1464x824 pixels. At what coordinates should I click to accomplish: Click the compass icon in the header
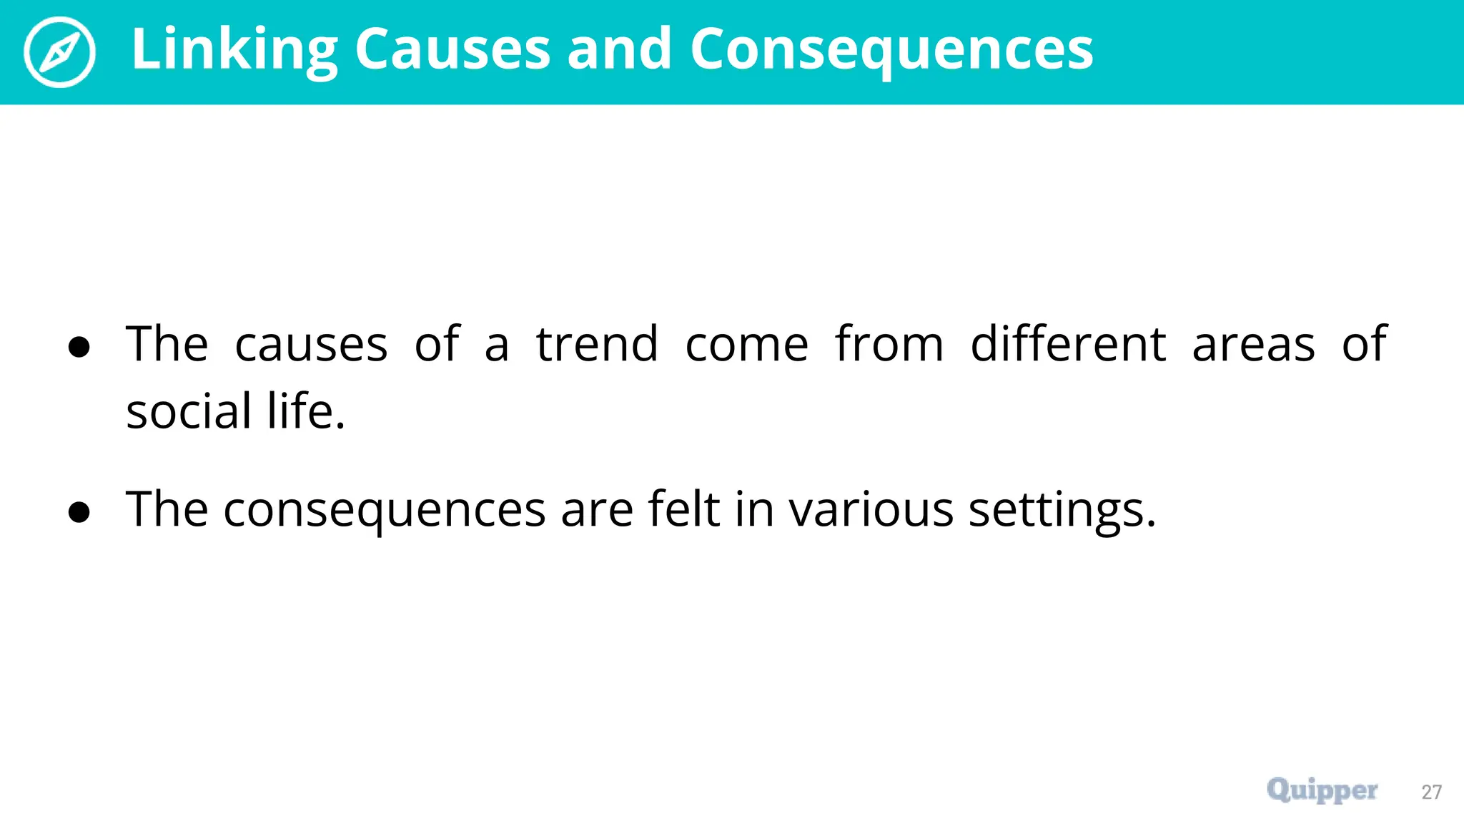[x=59, y=52]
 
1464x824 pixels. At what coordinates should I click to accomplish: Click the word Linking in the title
[x=234, y=50]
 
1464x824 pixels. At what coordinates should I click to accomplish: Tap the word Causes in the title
[x=452, y=50]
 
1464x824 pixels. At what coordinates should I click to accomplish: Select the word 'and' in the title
[x=619, y=50]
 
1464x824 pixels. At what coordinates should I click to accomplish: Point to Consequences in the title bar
[x=891, y=50]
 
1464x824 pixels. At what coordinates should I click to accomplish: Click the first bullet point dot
[x=79, y=348]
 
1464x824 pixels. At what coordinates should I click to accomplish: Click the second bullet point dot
[x=79, y=512]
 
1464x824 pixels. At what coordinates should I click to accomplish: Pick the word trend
[x=597, y=345]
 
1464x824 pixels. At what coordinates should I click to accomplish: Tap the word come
[x=746, y=345]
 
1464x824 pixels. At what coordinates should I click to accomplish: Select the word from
[x=889, y=345]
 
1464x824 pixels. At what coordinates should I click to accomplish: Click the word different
[x=1068, y=345]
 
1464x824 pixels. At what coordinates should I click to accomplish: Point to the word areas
[x=1253, y=345]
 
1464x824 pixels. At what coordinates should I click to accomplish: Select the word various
[x=871, y=509]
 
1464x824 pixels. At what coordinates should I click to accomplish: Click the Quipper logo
[x=1322, y=790]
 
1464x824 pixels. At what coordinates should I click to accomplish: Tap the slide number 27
[x=1431, y=792]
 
